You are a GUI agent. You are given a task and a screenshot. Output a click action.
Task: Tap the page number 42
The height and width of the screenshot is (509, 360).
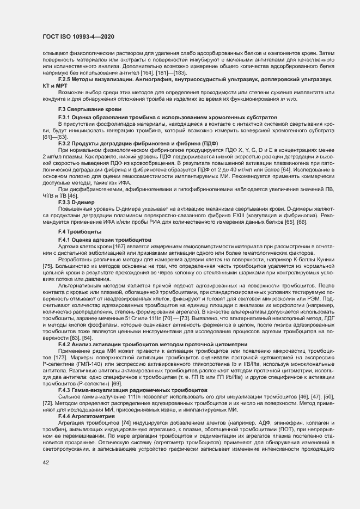(45, 462)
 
